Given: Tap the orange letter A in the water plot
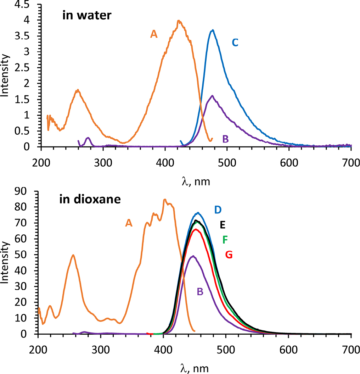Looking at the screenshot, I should pyautogui.click(x=153, y=34).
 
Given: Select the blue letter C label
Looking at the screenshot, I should pyautogui.click(x=235, y=43).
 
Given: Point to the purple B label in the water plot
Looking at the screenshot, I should pyautogui.click(x=225, y=139).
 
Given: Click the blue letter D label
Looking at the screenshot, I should pyautogui.click(x=218, y=210).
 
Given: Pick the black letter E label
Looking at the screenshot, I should pyautogui.click(x=223, y=225).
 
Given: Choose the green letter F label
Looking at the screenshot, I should pyautogui.click(x=225, y=240).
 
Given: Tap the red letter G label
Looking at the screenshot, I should pyautogui.click(x=229, y=255).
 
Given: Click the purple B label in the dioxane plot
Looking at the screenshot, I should pyautogui.click(x=200, y=291).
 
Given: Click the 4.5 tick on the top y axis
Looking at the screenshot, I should pyautogui.click(x=29, y=5).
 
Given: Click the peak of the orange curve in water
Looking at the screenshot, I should pyautogui.click(x=179, y=21).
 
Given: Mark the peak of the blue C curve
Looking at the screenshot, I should pyautogui.click(x=212, y=30).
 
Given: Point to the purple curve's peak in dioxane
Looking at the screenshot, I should pyautogui.click(x=193, y=256).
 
